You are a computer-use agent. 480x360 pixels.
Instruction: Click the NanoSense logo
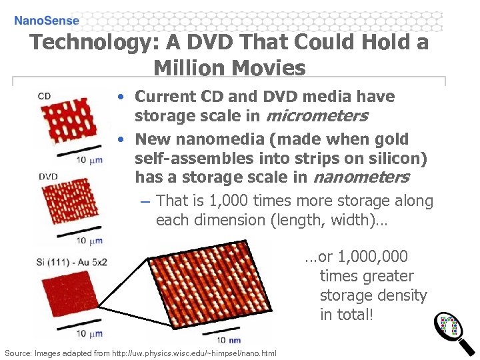47,20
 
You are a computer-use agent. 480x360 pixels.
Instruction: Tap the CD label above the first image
44,96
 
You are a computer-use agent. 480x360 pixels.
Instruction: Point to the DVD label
47,177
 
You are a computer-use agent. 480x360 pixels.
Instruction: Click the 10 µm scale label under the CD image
89,160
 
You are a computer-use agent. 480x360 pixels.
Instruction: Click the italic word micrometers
317,116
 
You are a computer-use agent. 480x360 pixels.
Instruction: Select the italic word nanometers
361,177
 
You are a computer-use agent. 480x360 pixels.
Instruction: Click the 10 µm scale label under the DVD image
89,240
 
